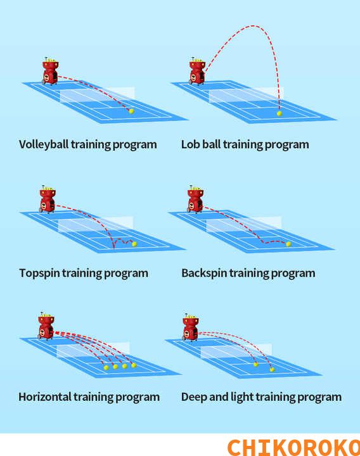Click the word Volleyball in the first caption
coord(44,144)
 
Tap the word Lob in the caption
coord(190,144)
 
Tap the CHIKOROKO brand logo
coord(293,448)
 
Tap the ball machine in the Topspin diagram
coord(47,199)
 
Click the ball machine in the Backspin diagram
coord(195,199)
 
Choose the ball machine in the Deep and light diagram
coord(191,327)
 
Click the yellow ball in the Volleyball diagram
coord(131,111)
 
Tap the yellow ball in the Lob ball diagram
coord(280,113)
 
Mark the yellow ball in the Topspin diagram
coord(134,244)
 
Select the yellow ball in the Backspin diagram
coord(288,244)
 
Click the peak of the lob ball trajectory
coord(253,26)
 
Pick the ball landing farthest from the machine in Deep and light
coord(272,370)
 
